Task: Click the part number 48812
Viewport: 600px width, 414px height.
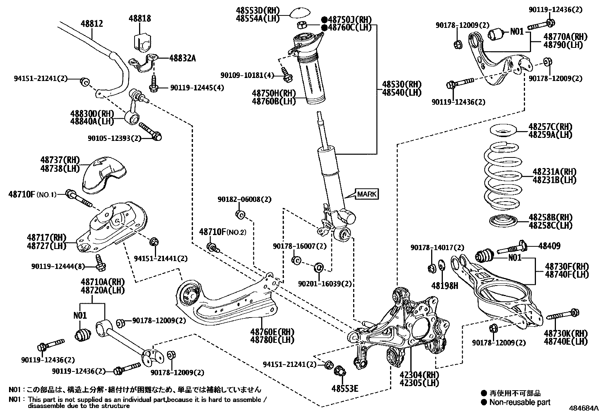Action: point(92,24)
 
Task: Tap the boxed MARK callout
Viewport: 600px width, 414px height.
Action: point(367,194)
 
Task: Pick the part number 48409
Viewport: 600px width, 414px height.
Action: point(549,246)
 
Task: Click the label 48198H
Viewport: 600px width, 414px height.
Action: point(445,286)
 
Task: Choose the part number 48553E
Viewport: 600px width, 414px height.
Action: point(344,388)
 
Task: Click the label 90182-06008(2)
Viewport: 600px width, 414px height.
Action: point(244,199)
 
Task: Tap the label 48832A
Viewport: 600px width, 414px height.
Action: point(182,58)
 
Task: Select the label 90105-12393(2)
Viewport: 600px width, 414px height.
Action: point(114,138)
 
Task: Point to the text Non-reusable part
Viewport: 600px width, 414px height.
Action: point(520,402)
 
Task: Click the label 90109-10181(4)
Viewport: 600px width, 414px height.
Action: point(248,76)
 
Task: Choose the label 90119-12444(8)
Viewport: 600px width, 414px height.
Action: point(58,266)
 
